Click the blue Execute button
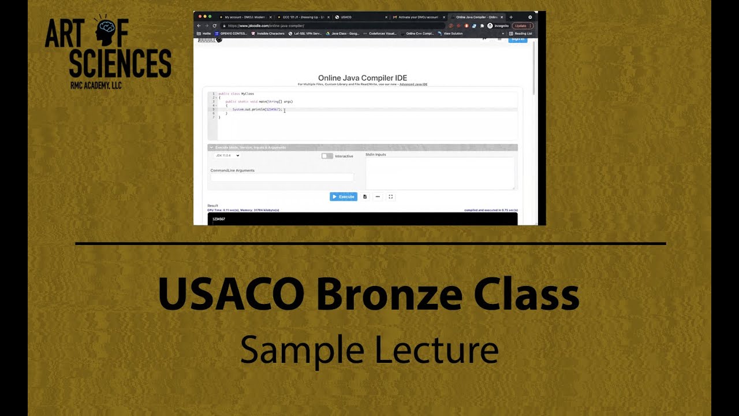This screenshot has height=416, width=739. pos(344,196)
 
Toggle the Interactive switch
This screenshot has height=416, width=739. pos(327,156)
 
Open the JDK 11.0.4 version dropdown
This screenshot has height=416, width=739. pos(227,155)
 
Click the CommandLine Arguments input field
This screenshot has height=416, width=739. pos(282,177)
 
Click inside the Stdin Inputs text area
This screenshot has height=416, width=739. pos(439,173)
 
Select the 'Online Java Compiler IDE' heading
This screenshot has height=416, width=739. pos(363,78)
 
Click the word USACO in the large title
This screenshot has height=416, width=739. pos(231,294)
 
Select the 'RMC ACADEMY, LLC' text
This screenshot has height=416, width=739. pos(96,86)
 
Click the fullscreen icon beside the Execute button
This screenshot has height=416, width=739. pos(391,196)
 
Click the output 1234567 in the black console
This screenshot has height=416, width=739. pos(219,219)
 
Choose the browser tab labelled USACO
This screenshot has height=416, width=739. pos(346,17)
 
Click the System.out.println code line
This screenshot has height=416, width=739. pos(257,109)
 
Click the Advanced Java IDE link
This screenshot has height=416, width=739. pos(413,84)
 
